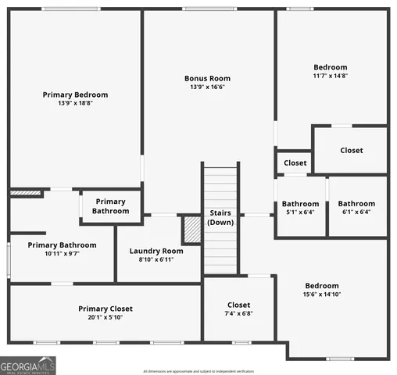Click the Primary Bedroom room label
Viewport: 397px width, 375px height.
coord(75,95)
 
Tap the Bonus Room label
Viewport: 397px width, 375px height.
coord(207,78)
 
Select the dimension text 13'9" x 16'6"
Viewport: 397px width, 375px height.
coord(207,87)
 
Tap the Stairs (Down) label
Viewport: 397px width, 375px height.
coord(220,217)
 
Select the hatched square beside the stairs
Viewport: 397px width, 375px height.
coord(191,230)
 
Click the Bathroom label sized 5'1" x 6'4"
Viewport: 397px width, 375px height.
coord(300,204)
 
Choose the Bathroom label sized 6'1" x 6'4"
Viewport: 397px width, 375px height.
coord(356,204)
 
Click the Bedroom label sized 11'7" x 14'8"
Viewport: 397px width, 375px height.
coord(330,67)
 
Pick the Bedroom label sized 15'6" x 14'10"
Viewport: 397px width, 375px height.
coord(321,285)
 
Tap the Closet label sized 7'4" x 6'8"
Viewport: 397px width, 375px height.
coord(238,305)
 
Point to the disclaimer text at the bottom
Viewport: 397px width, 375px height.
coord(210,370)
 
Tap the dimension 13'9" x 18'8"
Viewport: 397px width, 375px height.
coord(75,103)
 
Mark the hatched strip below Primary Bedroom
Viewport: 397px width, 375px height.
coord(25,192)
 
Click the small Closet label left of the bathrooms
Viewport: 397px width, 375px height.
coord(295,163)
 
